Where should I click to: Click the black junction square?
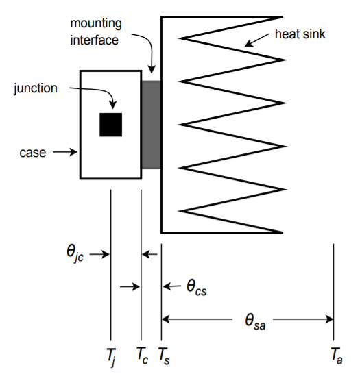click(110, 125)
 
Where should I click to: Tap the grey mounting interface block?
click(151, 125)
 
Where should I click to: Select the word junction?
click(36, 88)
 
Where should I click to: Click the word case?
click(33, 153)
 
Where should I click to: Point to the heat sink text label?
click(300, 34)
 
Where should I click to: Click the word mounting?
click(96, 24)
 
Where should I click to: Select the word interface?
click(95, 40)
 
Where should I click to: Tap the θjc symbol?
click(75, 253)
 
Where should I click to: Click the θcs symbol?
click(196, 287)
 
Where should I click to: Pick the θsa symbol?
click(255, 321)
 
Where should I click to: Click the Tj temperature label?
click(111, 356)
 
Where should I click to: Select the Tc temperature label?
click(142, 356)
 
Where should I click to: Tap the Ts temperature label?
click(164, 356)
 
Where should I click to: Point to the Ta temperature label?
click(337, 356)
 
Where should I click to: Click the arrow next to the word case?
click(65, 152)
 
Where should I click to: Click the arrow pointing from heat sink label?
click(257, 40)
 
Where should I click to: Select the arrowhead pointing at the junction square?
click(112, 105)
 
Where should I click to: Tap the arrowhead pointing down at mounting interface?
click(152, 69)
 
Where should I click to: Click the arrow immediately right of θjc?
click(99, 254)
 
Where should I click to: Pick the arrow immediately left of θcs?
click(171, 286)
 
